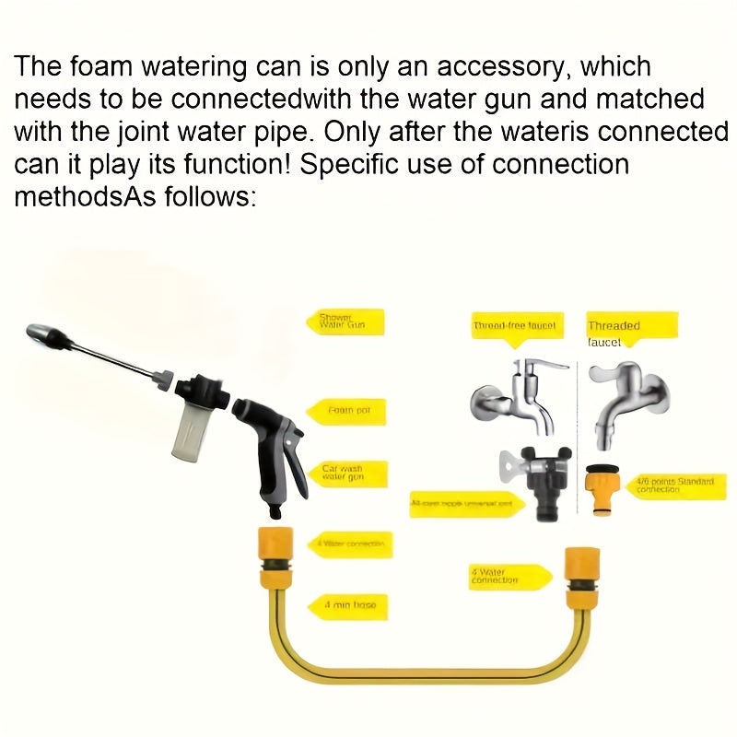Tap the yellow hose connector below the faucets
coord(578,576)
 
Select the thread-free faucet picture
coord(516,396)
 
